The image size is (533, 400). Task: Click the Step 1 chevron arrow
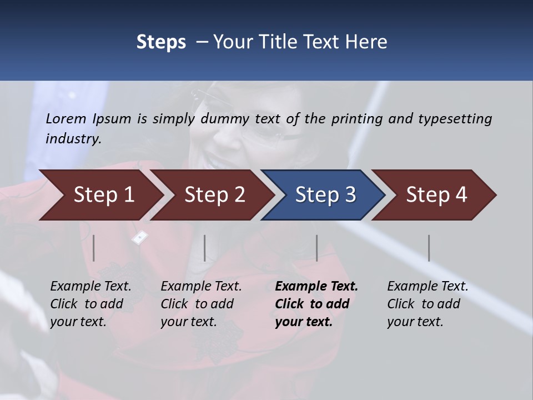pos(103,195)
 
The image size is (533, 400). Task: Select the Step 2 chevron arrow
pos(214,195)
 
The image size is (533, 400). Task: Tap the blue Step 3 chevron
pos(325,195)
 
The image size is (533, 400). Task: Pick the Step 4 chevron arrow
pos(436,195)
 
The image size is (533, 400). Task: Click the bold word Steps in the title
pos(161,42)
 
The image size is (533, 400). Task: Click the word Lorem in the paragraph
pos(66,119)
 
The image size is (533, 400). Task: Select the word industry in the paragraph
pos(73,139)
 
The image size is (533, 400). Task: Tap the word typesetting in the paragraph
pos(455,119)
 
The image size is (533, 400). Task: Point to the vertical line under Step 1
pos(94,248)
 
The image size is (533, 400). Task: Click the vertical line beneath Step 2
pos(205,248)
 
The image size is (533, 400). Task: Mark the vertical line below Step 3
pos(316,248)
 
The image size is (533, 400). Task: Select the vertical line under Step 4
pos(429,248)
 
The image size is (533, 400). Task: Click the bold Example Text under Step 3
pos(316,287)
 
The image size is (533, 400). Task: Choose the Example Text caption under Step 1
pos(90,287)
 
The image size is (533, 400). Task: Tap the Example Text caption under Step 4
pos(428,287)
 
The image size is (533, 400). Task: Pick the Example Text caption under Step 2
pos(201,287)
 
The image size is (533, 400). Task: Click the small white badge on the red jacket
pos(139,237)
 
